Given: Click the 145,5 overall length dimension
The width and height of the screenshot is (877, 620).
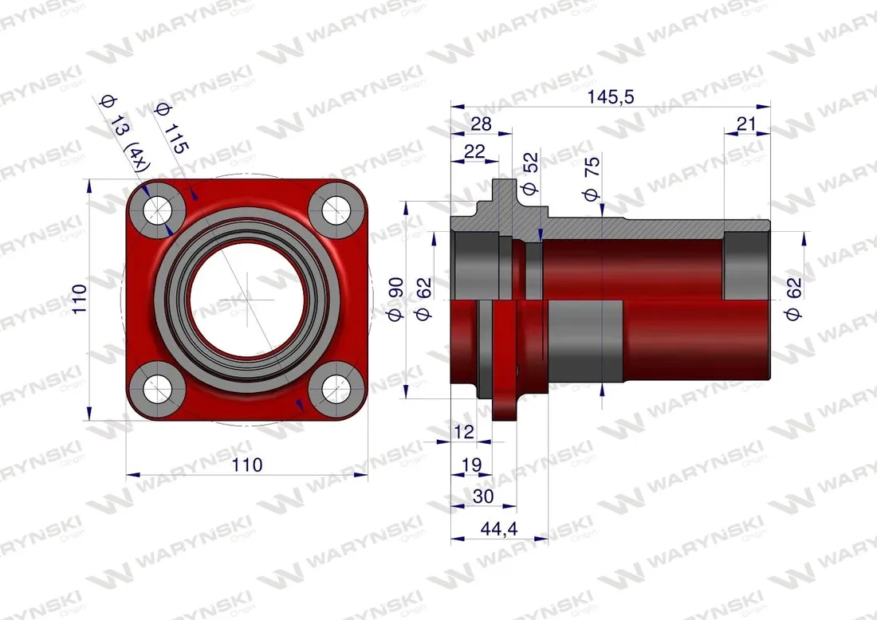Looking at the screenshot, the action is pos(610,97).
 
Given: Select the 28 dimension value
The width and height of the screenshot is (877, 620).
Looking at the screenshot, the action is pos(481,124).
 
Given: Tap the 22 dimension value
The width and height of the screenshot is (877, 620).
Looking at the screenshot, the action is pos(474,151).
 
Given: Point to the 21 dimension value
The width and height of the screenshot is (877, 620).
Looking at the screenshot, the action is pos(746,124).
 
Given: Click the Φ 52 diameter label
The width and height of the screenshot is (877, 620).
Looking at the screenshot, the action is pos(529,173).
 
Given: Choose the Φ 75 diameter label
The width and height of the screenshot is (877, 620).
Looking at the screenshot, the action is pos(592,179).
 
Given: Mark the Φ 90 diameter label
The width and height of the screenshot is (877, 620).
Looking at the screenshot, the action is pos(395,299).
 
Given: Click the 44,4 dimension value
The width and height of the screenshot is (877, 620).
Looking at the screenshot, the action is pos(499,528).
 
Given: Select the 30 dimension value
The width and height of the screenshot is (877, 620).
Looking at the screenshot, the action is pos(483,496).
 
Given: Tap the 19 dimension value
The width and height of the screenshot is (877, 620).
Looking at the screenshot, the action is pos(471,465).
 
